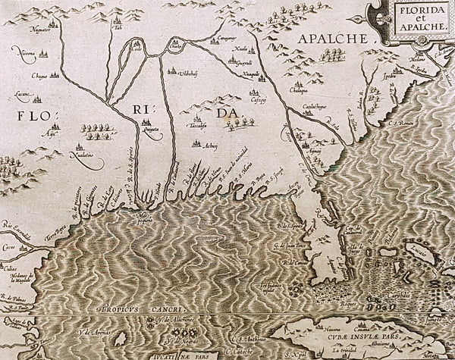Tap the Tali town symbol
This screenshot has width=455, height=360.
click(118, 23)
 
